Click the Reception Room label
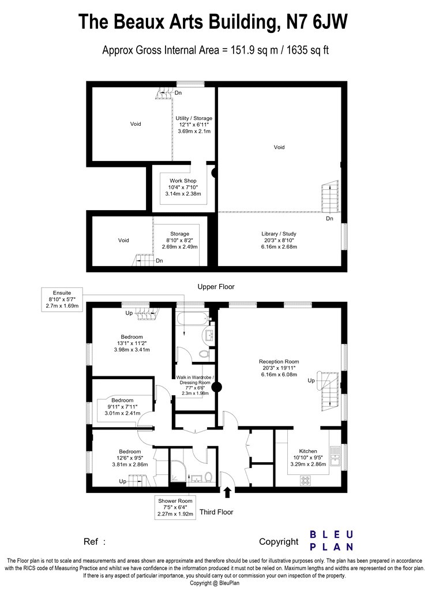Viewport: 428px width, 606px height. (279, 362)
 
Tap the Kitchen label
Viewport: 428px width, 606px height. (308, 451)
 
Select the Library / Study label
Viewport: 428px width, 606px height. (279, 234)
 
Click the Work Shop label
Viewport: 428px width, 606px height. (183, 181)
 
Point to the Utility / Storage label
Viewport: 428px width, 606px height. (194, 118)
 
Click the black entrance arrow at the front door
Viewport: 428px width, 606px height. (227, 492)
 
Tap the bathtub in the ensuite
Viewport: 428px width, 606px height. (190, 320)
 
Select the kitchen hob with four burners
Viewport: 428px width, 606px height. (306, 480)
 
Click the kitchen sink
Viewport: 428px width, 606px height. (335, 457)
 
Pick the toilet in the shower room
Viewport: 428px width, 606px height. (208, 477)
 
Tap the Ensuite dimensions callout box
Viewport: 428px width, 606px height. (62, 300)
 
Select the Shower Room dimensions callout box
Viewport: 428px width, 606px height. (175, 507)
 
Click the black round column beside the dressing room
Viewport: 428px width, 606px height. (217, 387)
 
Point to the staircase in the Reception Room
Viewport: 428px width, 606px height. (328, 391)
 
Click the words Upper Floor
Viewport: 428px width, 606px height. (216, 287)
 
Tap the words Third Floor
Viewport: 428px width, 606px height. (216, 512)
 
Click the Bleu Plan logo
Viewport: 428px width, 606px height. (332, 541)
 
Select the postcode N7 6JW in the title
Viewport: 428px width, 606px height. (317, 22)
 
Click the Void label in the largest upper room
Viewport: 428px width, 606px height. (279, 147)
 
